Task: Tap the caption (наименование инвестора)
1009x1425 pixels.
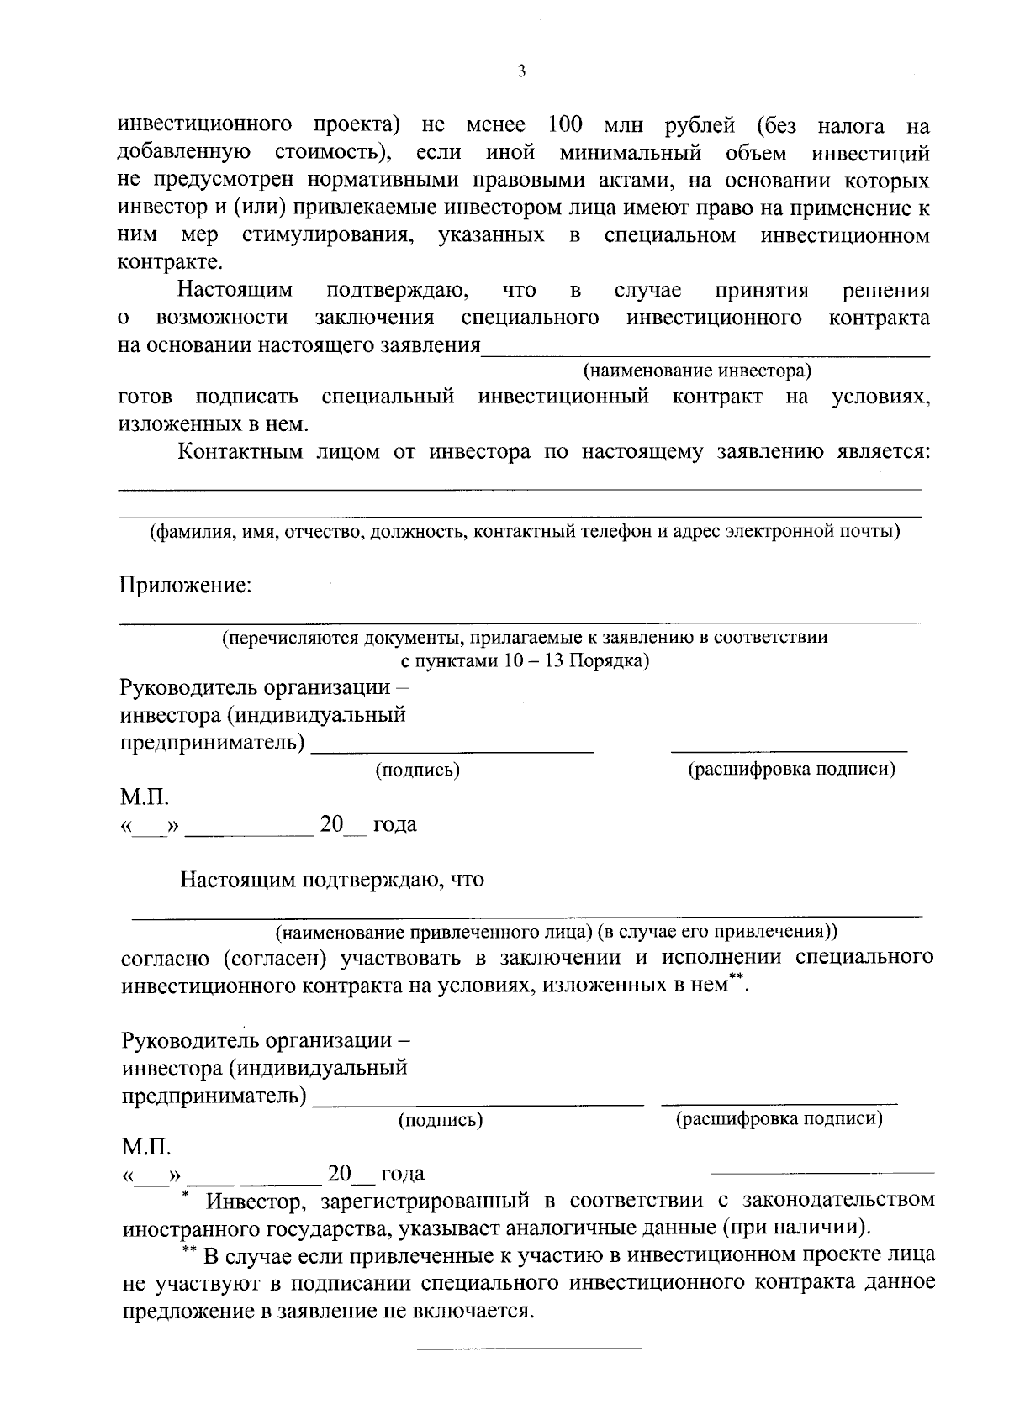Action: (697, 371)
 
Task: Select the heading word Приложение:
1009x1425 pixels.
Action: (186, 585)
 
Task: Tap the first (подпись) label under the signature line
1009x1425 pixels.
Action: (418, 770)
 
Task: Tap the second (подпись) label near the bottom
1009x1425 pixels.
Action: (441, 1120)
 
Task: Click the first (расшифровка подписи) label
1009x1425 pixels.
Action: (791, 770)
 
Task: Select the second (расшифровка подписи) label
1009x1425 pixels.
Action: (779, 1119)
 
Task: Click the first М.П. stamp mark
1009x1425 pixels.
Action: (145, 797)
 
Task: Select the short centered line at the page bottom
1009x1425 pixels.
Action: (530, 1349)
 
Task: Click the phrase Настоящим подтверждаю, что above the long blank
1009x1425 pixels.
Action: (332, 881)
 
